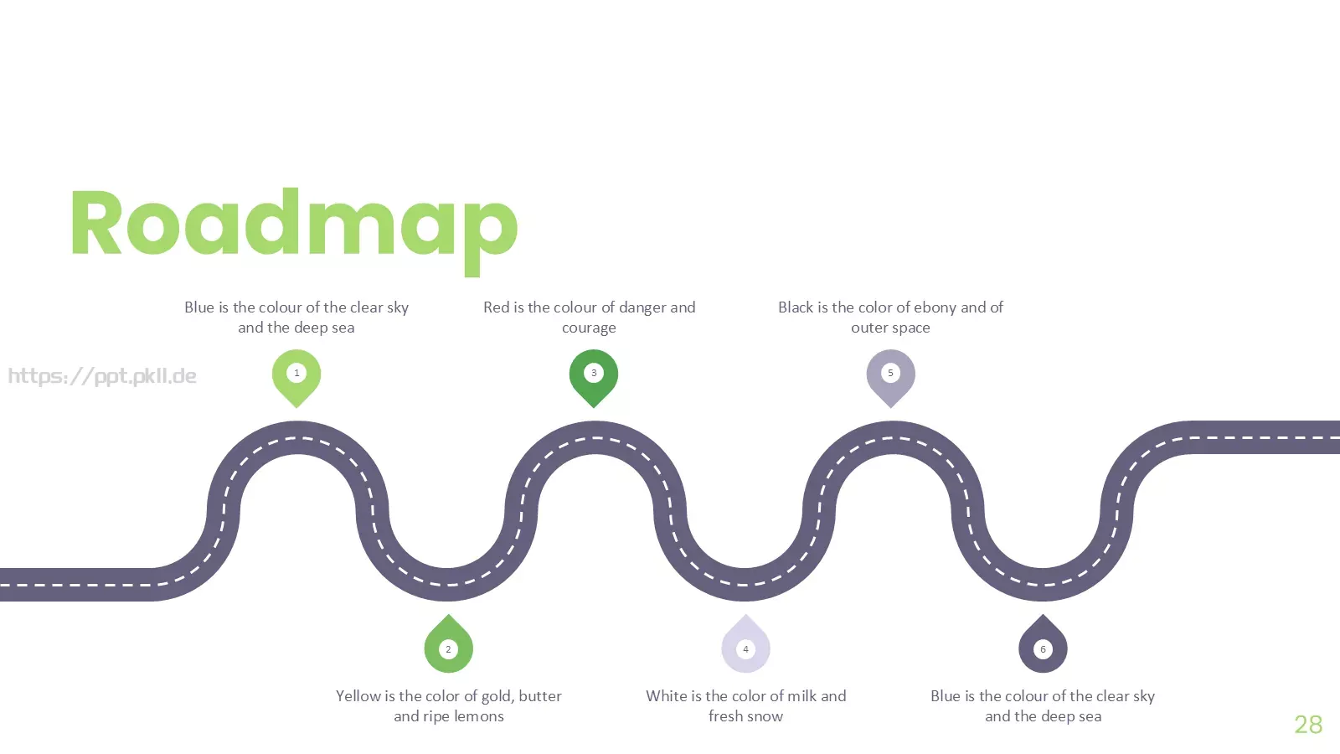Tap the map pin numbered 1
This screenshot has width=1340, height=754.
pyautogui.click(x=296, y=378)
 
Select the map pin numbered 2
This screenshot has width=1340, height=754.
pyautogui.click(x=448, y=643)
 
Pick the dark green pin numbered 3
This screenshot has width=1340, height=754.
pyautogui.click(x=594, y=378)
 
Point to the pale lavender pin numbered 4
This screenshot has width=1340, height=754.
pyautogui.click(x=745, y=643)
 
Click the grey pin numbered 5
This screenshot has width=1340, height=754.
pyautogui.click(x=890, y=378)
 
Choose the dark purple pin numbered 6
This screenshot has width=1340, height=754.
pyautogui.click(x=1043, y=643)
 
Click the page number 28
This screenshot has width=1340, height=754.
pyautogui.click(x=1308, y=725)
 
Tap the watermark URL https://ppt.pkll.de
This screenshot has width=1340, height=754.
pyautogui.click(x=102, y=376)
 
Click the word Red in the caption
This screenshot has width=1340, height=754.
pyautogui.click(x=497, y=307)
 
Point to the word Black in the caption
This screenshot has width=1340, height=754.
pyautogui.click(x=796, y=307)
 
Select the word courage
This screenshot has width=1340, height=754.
pyautogui.click(x=589, y=328)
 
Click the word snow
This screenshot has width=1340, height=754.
pyautogui.click(x=764, y=717)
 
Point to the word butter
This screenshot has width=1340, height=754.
pyautogui.click(x=540, y=696)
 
